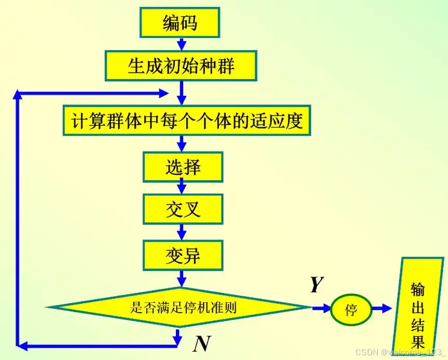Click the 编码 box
point(180,23)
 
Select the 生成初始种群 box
point(181,66)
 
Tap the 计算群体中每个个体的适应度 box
point(187,121)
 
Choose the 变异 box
point(183,255)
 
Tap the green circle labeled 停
point(351,310)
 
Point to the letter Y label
point(316,285)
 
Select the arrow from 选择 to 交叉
point(182,187)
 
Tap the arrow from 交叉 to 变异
point(182,231)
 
